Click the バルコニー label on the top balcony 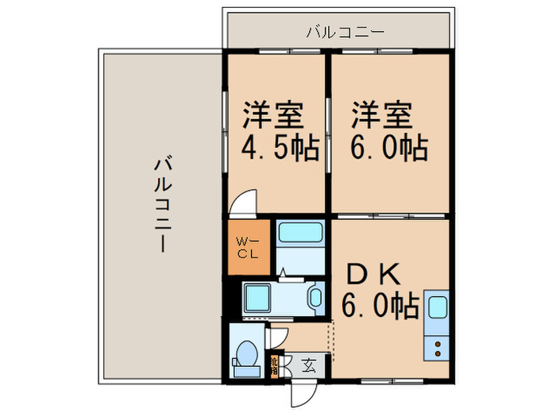[x=345, y=33]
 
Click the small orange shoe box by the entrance [x=273, y=365]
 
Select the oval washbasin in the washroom [x=315, y=300]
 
